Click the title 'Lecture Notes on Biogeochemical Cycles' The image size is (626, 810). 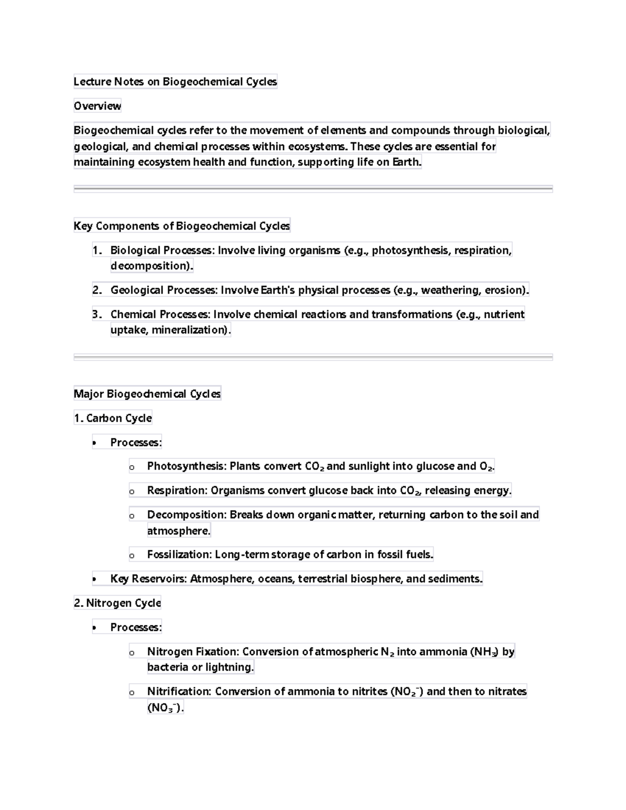[175, 81]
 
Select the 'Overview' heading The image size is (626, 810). [97, 106]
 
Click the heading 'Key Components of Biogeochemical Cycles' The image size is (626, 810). [182, 226]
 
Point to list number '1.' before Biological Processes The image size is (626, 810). [97, 250]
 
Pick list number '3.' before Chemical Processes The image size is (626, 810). [97, 315]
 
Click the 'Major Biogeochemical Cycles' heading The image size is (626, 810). [147, 394]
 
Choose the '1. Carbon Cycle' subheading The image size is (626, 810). [113, 418]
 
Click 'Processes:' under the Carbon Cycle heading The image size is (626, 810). [136, 442]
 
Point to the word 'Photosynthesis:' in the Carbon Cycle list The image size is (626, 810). [187, 466]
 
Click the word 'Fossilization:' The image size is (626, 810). [179, 554]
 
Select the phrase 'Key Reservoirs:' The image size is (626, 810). [148, 578]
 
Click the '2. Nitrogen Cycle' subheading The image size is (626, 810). [117, 603]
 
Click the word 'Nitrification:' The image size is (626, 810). [179, 692]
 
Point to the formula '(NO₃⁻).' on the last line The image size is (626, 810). [165, 708]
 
